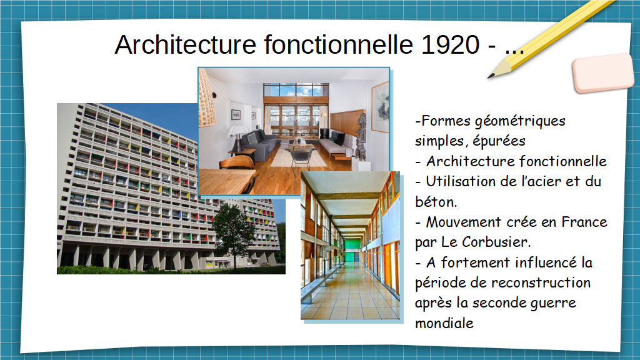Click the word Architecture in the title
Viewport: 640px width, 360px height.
point(186,44)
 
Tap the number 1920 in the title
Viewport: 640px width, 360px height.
point(450,44)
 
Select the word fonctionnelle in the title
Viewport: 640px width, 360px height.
point(338,44)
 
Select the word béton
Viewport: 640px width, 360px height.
point(436,202)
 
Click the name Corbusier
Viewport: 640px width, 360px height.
point(496,242)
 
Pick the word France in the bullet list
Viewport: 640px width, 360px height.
point(584,222)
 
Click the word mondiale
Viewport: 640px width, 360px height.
point(444,323)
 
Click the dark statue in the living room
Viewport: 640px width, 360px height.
point(361,137)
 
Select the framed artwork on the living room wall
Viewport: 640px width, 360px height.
point(380,107)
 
